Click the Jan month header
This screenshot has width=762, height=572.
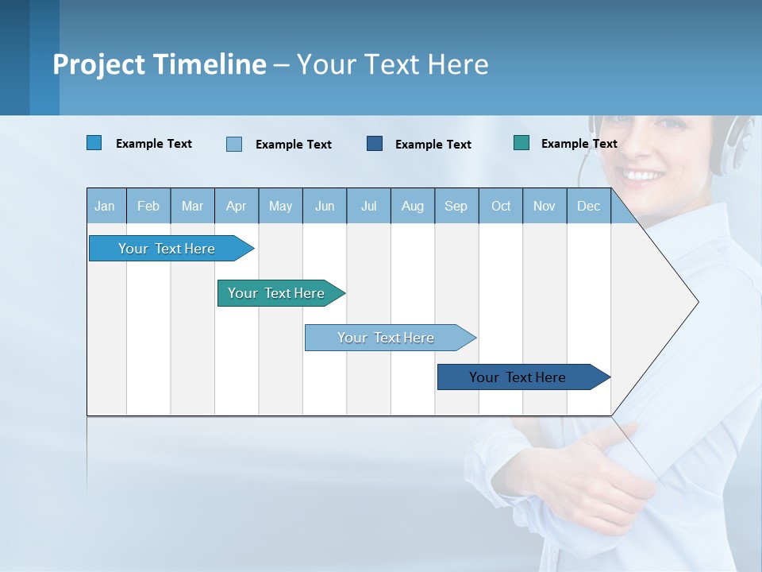point(105,207)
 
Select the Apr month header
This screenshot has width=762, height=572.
point(237,207)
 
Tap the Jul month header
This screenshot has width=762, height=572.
point(369,207)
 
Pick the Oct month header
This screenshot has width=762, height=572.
point(501,207)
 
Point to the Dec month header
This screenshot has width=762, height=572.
point(588,207)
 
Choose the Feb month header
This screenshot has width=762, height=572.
point(148,207)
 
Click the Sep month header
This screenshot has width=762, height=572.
point(456,207)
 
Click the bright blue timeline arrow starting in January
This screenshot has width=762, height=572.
point(171,248)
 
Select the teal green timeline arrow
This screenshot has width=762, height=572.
point(281,293)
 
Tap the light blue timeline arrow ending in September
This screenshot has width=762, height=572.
point(391,338)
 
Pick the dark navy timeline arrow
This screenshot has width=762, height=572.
point(524,377)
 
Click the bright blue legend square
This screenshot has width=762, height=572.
point(94,142)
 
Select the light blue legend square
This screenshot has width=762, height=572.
point(234,144)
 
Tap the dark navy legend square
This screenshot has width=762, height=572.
point(375,144)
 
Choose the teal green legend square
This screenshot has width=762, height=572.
point(521,142)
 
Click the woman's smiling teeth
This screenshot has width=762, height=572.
point(641,175)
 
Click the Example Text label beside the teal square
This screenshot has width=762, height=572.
point(579,144)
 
